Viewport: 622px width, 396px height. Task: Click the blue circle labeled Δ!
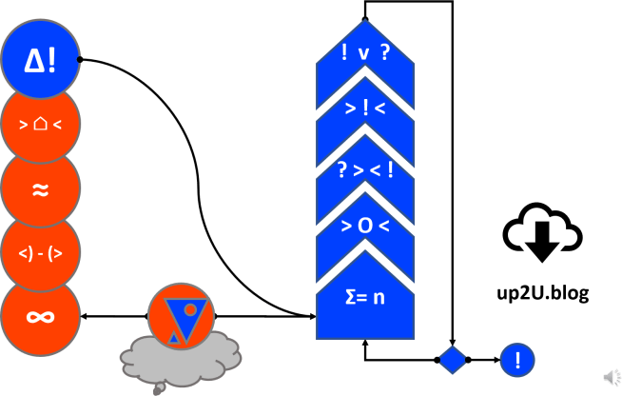pyautogui.click(x=40, y=60)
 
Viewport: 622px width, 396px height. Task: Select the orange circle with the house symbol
pyautogui.click(x=40, y=124)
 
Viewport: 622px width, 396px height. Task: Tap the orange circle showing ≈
pyautogui.click(x=40, y=188)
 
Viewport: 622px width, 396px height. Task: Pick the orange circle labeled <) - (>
pyautogui.click(x=40, y=252)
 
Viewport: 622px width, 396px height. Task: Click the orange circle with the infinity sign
pyautogui.click(x=40, y=316)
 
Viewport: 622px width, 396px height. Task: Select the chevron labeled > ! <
pyautogui.click(x=365, y=109)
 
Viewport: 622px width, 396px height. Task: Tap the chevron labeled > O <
pyautogui.click(x=365, y=228)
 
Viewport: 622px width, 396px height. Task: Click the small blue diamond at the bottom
pyautogui.click(x=453, y=361)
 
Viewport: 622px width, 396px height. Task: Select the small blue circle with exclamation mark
pyautogui.click(x=517, y=361)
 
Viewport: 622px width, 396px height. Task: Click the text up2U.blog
pyautogui.click(x=544, y=292)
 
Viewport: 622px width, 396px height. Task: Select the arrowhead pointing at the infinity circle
pyautogui.click(x=85, y=315)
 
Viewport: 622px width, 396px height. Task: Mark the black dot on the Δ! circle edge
pyautogui.click(x=80, y=60)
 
